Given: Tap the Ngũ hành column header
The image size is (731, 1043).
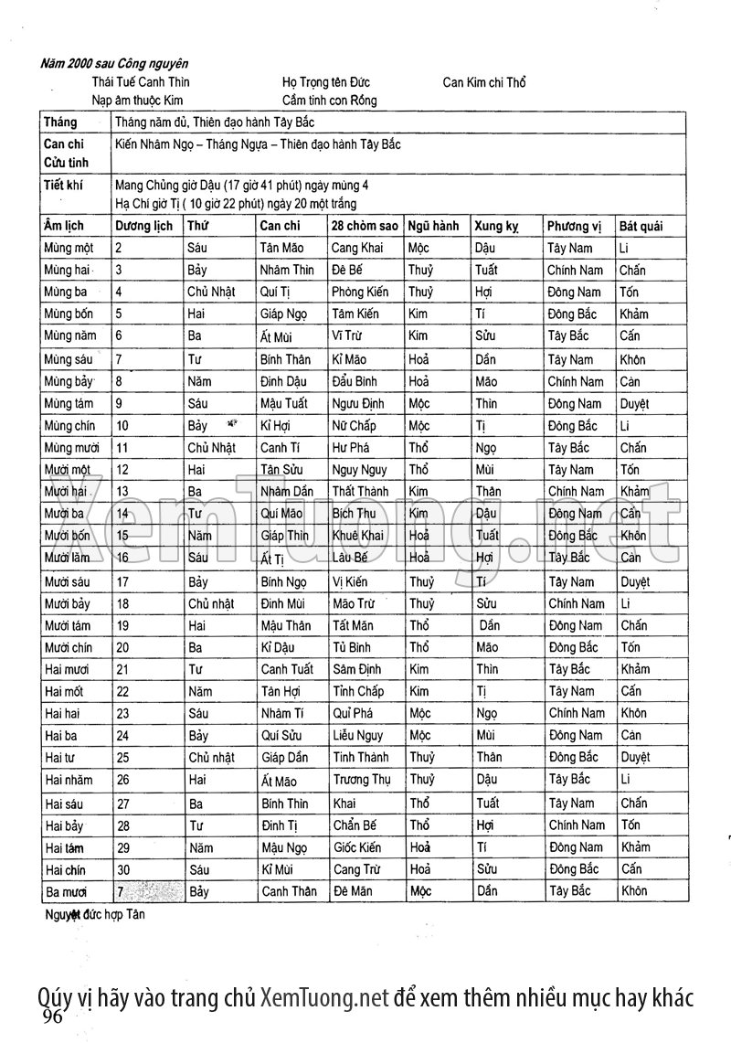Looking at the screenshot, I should (433, 226).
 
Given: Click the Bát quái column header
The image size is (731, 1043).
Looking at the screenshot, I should (641, 226).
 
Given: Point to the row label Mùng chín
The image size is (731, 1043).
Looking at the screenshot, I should (69, 426).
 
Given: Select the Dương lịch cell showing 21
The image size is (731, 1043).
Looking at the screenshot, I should (123, 669).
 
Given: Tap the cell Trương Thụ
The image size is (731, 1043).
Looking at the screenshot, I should (362, 780).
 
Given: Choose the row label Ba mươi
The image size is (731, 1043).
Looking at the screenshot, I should (67, 891).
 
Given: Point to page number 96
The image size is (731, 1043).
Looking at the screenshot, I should (52, 1017).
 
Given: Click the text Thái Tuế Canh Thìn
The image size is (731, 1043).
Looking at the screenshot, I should (141, 82).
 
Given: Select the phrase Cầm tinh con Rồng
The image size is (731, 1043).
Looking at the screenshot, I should (329, 101).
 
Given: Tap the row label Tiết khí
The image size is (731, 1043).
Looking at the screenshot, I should (63, 184).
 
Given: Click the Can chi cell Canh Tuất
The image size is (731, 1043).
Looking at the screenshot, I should (287, 669).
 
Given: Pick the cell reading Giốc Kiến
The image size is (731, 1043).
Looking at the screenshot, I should (357, 847).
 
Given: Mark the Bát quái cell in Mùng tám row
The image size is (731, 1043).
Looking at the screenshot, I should (634, 403).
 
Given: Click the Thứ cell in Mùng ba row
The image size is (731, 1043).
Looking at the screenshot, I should (211, 293).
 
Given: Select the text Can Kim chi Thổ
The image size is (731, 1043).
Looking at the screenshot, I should (484, 82).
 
